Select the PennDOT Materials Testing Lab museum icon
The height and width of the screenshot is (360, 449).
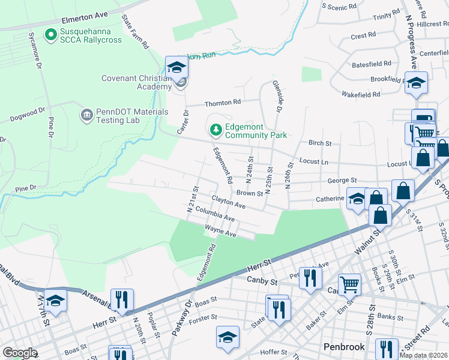click(86, 114)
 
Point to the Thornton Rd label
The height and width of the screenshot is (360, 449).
click(223, 103)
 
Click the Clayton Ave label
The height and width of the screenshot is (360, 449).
click(229, 202)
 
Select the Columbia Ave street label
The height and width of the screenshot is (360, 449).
click(214, 214)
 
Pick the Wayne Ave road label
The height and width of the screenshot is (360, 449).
click(220, 231)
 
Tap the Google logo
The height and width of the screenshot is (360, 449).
click(20, 353)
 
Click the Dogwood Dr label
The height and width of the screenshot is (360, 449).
click(28, 115)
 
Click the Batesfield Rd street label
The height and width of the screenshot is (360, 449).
click(372, 63)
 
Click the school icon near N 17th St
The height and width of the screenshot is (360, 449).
click(55, 301)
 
